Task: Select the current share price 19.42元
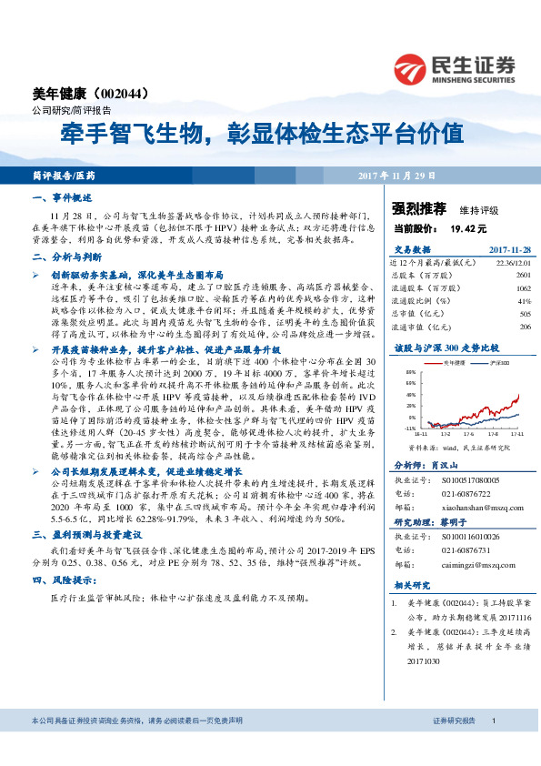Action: tap(465, 229)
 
